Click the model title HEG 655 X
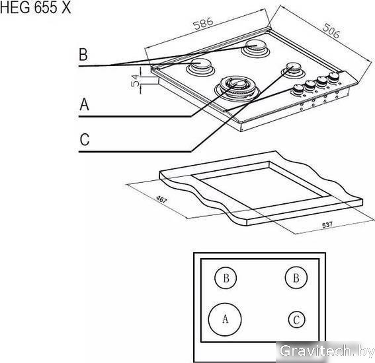coord(36,7)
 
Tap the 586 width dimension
coord(203,23)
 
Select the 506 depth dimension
coord(331,31)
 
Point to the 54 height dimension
coord(136,81)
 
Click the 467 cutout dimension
coord(161,199)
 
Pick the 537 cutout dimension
coord(327,224)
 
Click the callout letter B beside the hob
coord(83,54)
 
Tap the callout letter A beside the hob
coord(84,104)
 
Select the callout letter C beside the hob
coord(85,139)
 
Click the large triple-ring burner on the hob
coord(237,89)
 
